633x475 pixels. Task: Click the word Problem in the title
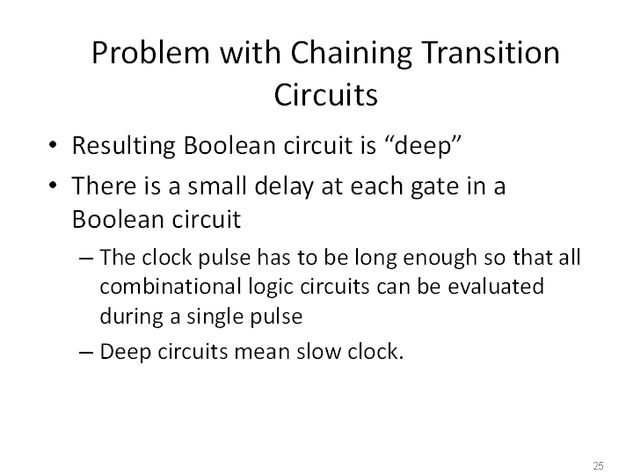(150, 53)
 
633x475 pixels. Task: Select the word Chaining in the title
(351, 55)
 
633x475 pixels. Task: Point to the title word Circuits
(326, 95)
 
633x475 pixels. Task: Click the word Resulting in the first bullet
(124, 147)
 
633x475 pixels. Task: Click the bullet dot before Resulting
(53, 144)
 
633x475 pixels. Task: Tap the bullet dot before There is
(53, 186)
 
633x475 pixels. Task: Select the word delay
(284, 187)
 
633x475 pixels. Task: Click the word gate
(434, 188)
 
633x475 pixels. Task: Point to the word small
(217, 186)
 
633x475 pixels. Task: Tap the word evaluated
(496, 287)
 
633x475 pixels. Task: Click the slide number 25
(599, 465)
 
